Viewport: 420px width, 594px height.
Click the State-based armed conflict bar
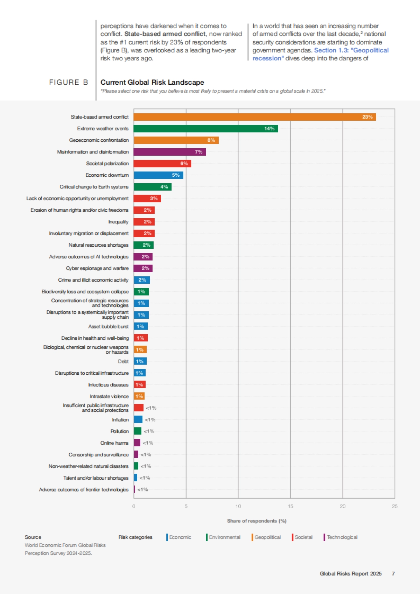(x=254, y=117)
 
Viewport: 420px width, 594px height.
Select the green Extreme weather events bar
(x=205, y=129)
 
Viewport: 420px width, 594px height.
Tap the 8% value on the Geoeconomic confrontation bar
(x=211, y=140)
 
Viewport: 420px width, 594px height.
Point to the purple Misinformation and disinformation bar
(x=170, y=152)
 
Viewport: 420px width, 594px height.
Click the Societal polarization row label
(x=107, y=163)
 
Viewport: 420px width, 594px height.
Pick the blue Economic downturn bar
(x=158, y=175)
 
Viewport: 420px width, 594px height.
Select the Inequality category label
(x=118, y=222)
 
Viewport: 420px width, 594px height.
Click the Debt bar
(x=140, y=361)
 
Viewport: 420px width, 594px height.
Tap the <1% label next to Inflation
(x=150, y=420)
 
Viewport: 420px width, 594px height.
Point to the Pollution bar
(x=138, y=431)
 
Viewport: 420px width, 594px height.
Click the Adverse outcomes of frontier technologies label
(x=84, y=490)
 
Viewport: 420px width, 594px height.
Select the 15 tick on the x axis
(x=290, y=507)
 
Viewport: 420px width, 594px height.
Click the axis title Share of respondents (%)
(x=257, y=521)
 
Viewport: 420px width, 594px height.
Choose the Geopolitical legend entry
(x=267, y=537)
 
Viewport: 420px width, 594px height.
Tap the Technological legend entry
(x=342, y=537)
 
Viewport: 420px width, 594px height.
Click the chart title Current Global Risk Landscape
(x=152, y=83)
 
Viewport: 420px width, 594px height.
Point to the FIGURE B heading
(x=68, y=82)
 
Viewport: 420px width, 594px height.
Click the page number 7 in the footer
(x=393, y=574)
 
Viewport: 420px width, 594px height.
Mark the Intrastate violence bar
(x=139, y=396)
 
